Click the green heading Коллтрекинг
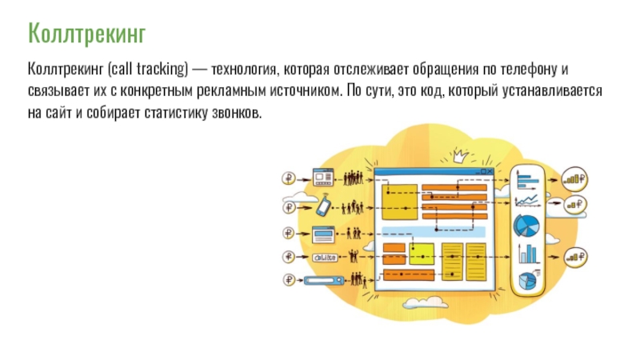[87, 34]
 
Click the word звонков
[237, 113]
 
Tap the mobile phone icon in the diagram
[322, 206]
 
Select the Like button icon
[323, 256]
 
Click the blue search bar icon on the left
[326, 280]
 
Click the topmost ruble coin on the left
[288, 177]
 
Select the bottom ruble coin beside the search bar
[288, 280]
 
